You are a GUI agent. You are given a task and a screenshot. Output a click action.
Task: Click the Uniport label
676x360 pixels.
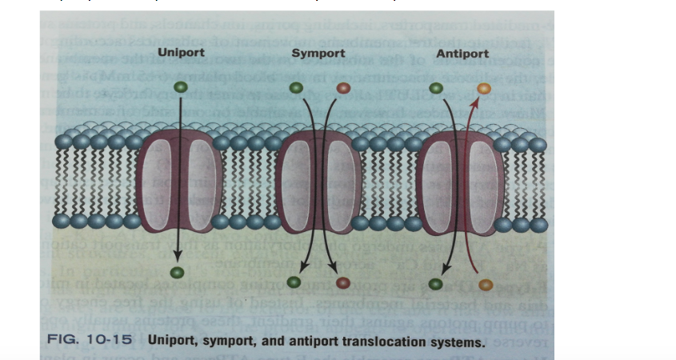pyautogui.click(x=181, y=53)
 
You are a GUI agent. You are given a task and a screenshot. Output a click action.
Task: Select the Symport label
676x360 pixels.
pyautogui.click(x=318, y=53)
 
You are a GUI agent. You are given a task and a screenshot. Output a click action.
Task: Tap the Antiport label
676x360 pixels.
pyautogui.click(x=459, y=53)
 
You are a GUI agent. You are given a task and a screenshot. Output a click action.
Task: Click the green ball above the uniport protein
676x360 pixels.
pyautogui.click(x=182, y=87)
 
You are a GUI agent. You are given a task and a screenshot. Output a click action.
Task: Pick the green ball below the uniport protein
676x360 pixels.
pyautogui.click(x=178, y=274)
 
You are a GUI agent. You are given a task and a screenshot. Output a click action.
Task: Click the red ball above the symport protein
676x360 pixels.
pyautogui.click(x=343, y=88)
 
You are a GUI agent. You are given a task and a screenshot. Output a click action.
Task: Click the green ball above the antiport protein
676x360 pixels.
pyautogui.click(x=436, y=88)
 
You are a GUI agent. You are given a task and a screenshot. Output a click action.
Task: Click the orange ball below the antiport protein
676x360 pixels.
pyautogui.click(x=484, y=283)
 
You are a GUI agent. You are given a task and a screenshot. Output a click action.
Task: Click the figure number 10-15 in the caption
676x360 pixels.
pyautogui.click(x=113, y=342)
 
